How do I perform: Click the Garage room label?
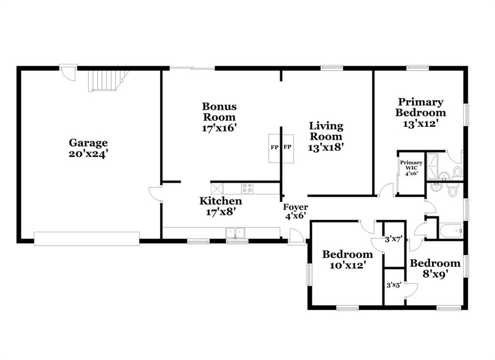point(88,143)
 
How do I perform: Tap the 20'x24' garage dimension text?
point(89,154)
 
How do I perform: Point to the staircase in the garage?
point(108,81)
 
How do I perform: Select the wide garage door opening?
point(87,239)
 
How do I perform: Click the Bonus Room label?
point(219,112)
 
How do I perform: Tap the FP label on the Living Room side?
point(287,147)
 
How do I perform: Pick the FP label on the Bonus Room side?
point(275,147)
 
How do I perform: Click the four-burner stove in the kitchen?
point(247,188)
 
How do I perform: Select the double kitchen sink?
point(235,233)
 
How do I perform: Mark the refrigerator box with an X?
point(217,188)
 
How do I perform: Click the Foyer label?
point(295,208)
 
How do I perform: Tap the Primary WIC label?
point(411,165)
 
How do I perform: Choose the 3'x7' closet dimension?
point(393,239)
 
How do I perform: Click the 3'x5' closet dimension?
point(394,285)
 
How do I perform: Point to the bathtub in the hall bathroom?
point(451,231)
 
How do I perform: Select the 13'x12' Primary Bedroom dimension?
point(420,123)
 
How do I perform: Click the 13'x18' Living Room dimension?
point(326,147)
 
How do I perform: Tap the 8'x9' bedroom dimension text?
point(436,274)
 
